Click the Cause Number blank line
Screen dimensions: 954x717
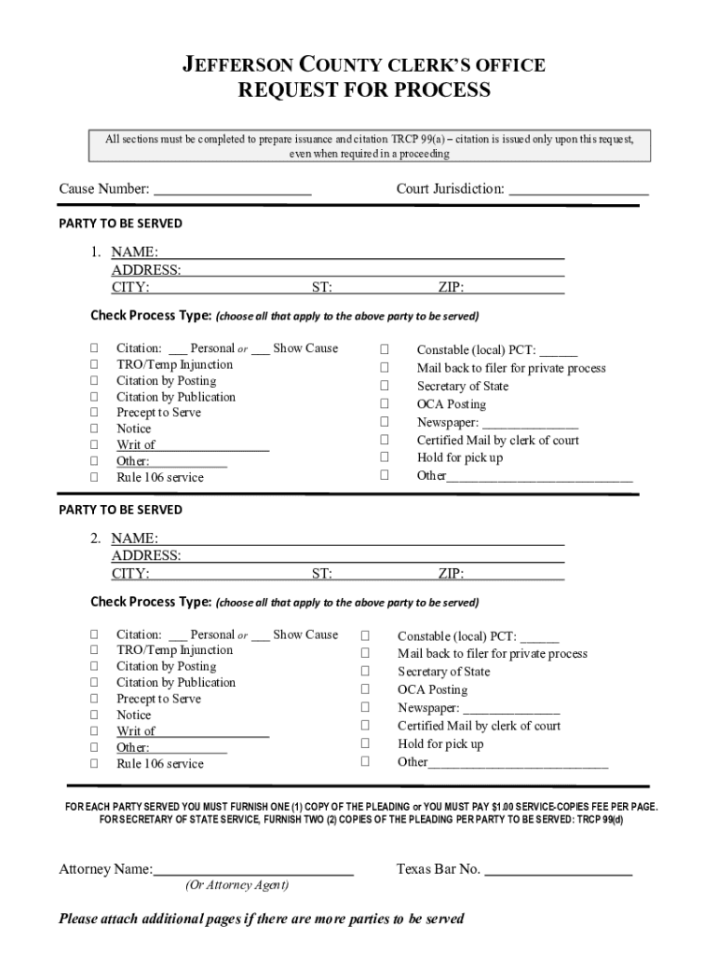232,191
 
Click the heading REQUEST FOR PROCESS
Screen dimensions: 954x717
364,90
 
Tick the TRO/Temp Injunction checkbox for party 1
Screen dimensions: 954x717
94,364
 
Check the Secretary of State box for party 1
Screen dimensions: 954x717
384,386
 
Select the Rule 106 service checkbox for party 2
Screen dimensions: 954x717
94,763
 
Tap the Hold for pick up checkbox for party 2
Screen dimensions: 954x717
365,743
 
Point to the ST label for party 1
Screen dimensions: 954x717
321,288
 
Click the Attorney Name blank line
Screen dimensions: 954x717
253,870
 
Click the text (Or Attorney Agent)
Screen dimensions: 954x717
237,885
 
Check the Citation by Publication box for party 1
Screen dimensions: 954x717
94,396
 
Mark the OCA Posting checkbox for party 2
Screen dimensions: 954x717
365,689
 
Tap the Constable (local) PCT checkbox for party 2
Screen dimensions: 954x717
365,635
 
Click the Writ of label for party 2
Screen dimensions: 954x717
135,731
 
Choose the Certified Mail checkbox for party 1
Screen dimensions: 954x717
384,440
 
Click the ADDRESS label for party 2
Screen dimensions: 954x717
145,556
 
